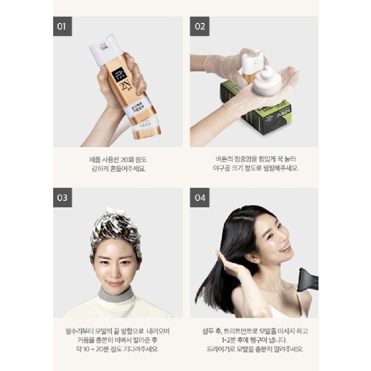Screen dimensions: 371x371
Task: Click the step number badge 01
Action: point(62,27)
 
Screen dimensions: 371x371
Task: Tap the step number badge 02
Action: point(200,27)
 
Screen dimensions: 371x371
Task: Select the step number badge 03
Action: point(62,198)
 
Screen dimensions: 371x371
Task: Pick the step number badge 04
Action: point(200,198)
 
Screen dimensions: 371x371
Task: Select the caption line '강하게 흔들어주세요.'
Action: point(117,168)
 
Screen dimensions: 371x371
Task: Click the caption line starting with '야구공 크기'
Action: point(254,168)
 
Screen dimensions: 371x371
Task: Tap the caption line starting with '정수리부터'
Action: point(117,330)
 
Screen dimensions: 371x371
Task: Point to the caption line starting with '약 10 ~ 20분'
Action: point(117,349)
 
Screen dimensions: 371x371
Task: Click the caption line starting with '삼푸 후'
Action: point(254,330)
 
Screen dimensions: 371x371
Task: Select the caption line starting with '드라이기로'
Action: point(254,349)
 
